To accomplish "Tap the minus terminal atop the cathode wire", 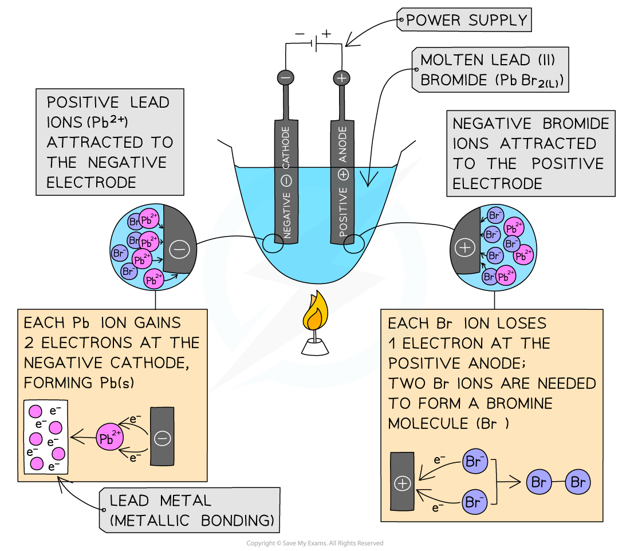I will [x=286, y=78].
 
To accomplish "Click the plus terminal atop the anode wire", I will [x=342, y=78].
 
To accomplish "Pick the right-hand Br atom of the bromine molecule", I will [x=577, y=483].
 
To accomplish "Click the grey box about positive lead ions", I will [x=109, y=142].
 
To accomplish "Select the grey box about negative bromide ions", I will [x=530, y=154].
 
